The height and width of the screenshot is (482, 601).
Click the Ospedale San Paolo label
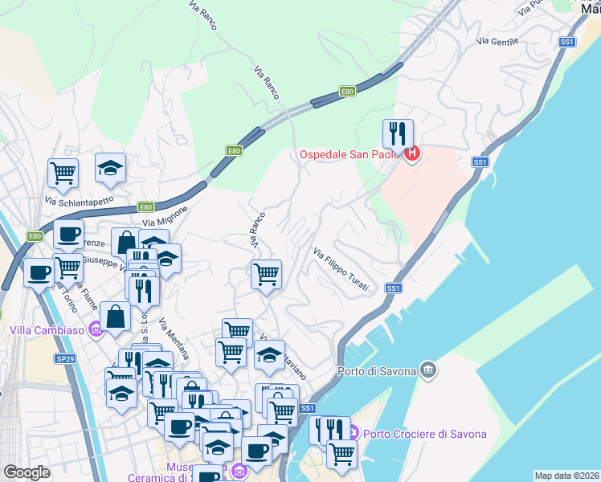pos(350,155)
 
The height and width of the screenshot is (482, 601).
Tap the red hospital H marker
pos(412,153)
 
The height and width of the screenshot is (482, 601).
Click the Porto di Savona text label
pos(377,370)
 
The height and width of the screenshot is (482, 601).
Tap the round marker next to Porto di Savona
pos(428,370)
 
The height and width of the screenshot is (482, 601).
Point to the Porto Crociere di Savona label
pos(425,434)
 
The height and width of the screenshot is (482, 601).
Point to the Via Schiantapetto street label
pos(80,201)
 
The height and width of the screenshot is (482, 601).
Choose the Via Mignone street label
pos(165,215)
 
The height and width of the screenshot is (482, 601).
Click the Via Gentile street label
pos(497,39)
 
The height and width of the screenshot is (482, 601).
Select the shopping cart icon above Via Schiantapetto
pos(63,171)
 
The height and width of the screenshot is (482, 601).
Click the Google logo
pos(27,472)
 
